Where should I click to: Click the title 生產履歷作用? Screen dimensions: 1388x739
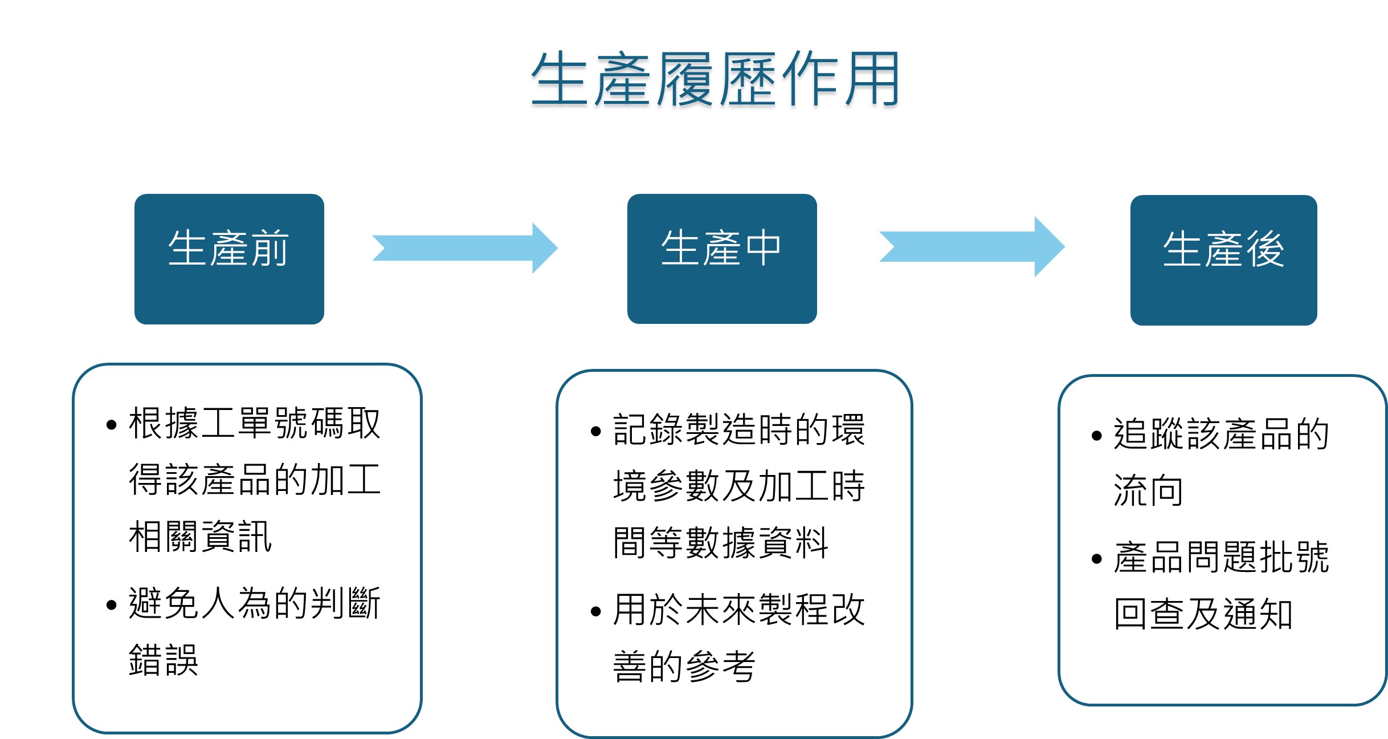point(715,79)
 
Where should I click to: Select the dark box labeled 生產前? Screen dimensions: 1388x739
point(229,259)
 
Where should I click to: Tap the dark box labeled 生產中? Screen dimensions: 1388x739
point(722,259)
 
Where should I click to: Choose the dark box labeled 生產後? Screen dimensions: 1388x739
point(1223,260)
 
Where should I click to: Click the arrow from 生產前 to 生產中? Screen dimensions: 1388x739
point(465,248)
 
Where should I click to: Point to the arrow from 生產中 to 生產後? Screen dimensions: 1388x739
point(972,246)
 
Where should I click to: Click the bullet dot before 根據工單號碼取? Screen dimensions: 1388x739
point(111,425)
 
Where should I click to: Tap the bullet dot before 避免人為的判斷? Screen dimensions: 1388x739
point(111,605)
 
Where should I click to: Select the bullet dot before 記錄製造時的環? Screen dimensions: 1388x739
point(596,431)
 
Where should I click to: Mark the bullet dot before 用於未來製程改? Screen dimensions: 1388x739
point(596,612)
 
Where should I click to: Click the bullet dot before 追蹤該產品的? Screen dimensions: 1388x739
point(1097,436)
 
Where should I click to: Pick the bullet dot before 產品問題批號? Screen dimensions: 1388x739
point(1097,559)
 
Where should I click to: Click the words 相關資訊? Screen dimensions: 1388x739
point(201,537)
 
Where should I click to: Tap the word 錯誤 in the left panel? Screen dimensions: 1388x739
point(164,660)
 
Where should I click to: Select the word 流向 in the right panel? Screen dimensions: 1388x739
point(1148,490)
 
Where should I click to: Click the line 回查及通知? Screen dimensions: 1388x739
point(1203,614)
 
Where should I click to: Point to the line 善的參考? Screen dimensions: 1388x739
point(684,666)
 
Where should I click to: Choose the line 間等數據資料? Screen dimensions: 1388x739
point(720,542)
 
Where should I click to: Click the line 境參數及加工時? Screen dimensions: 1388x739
point(739,486)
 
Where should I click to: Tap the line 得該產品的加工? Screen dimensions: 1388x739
point(255,480)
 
